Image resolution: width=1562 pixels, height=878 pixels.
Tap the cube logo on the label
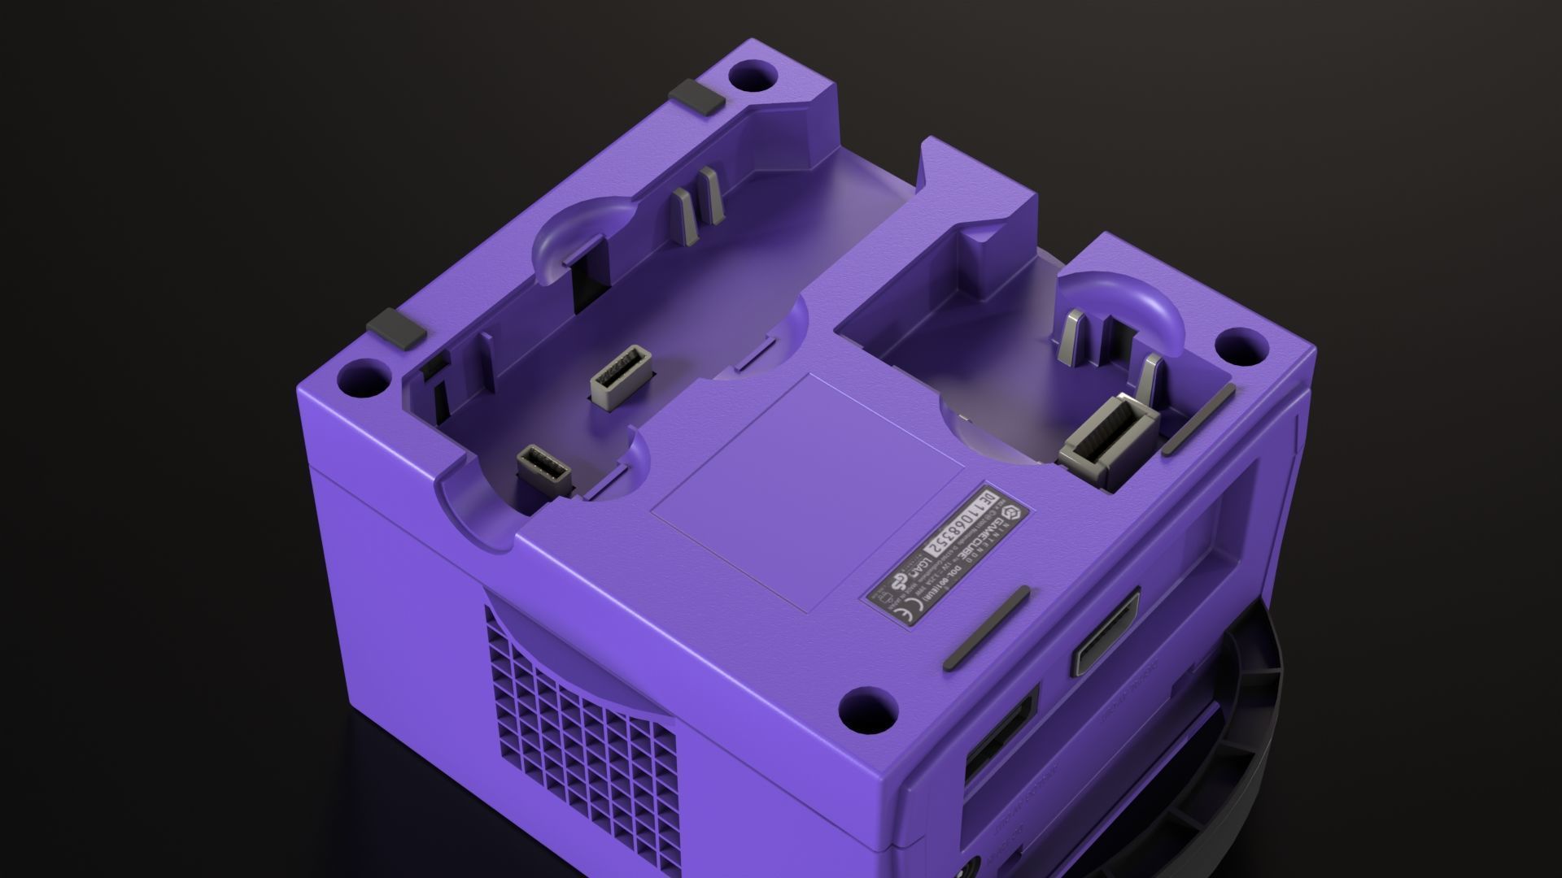(x=1010, y=512)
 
